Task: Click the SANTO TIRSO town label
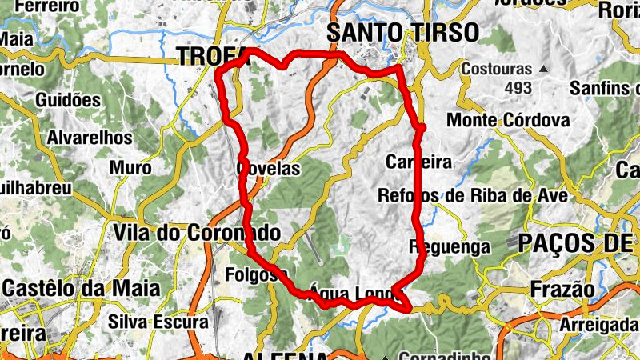point(402,32)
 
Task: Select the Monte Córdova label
point(508,121)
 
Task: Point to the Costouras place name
point(497,70)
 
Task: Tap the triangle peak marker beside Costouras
point(543,70)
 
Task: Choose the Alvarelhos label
point(90,138)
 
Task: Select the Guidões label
point(68,100)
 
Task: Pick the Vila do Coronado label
point(197,233)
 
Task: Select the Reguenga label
point(449,247)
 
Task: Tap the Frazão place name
point(562,289)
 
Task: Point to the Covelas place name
point(269,169)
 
